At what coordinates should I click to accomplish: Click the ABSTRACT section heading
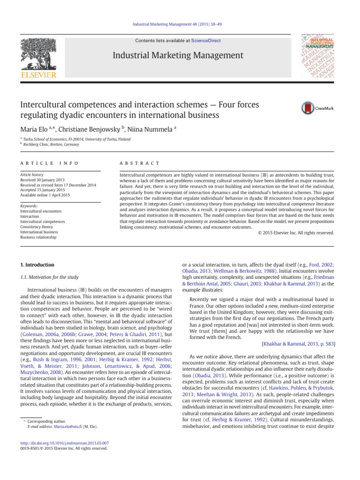[x=140, y=163]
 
